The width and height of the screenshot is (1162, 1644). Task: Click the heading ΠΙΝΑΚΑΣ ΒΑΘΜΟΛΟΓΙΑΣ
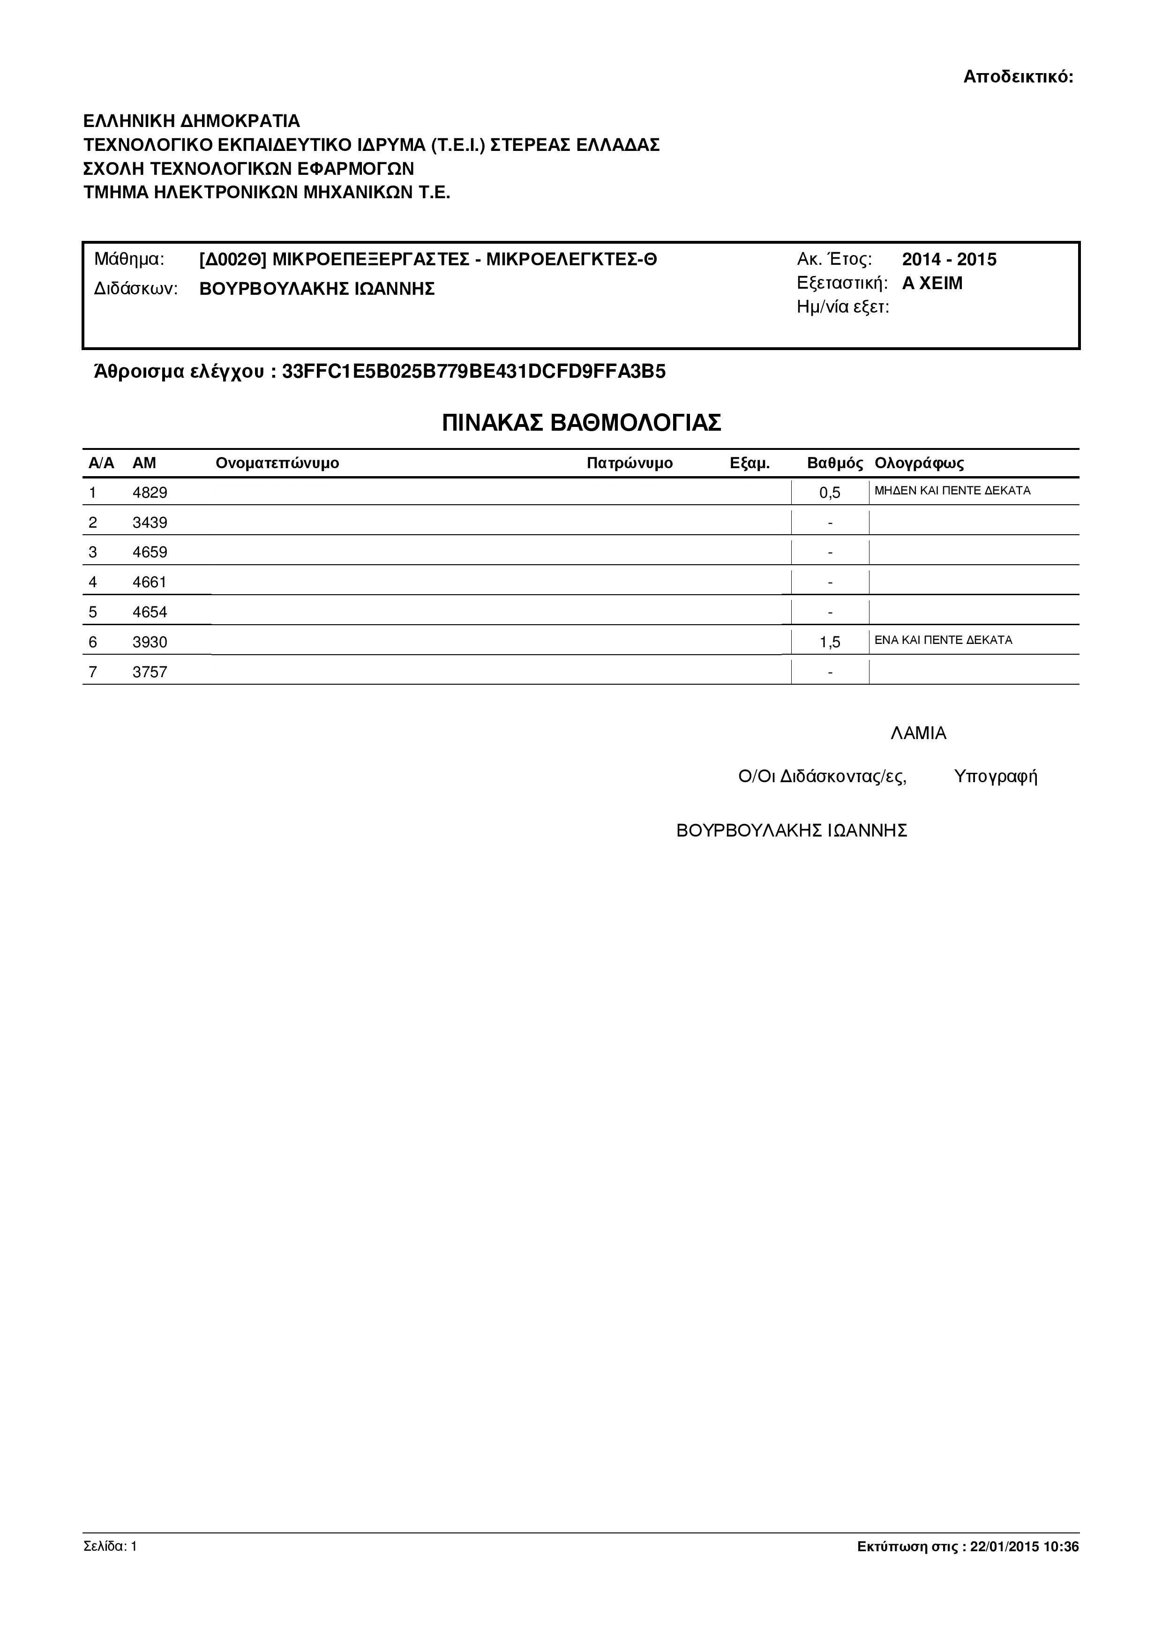tap(581, 423)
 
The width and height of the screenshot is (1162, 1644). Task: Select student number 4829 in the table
tap(150, 493)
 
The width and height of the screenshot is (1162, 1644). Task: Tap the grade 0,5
tap(830, 493)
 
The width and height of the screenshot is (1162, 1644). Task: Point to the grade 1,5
tap(830, 643)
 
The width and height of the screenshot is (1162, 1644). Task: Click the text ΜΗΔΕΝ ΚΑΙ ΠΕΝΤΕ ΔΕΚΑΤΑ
tap(952, 491)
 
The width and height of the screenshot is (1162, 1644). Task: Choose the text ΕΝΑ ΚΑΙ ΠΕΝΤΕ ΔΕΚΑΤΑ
tap(943, 640)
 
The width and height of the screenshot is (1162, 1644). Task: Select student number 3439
tap(150, 523)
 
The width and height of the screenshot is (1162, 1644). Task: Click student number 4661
tap(150, 582)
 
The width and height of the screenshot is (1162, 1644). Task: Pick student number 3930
tap(150, 643)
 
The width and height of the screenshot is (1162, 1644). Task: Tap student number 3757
tap(150, 673)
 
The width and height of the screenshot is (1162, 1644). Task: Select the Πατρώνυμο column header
tap(630, 463)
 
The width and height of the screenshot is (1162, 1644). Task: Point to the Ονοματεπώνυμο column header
tap(277, 463)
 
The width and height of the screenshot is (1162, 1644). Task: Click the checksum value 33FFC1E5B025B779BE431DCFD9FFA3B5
tap(474, 372)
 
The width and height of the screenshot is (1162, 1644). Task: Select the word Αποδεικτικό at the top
tap(1017, 76)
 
